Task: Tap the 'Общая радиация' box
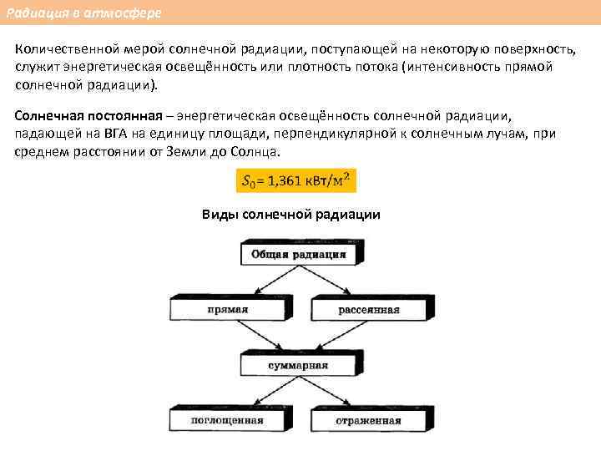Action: pyautogui.click(x=295, y=254)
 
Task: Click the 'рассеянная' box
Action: pyautogui.click(x=368, y=310)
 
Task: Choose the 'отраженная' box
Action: pyautogui.click(x=368, y=420)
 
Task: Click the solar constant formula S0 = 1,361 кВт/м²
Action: pyautogui.click(x=295, y=180)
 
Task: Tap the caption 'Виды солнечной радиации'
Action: pyautogui.click(x=291, y=215)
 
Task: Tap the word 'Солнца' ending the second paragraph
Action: pyautogui.click(x=260, y=153)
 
